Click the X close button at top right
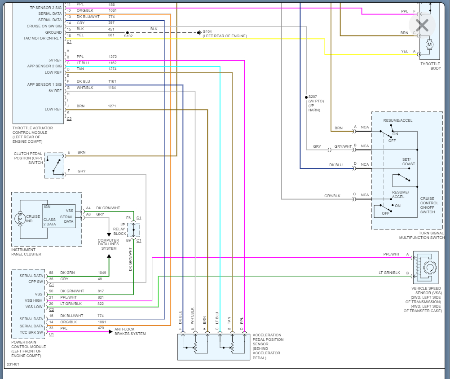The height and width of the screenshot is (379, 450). (422, 25)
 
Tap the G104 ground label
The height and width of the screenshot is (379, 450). (208, 31)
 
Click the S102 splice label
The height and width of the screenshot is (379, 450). (128, 36)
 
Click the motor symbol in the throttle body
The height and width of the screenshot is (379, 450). (429, 44)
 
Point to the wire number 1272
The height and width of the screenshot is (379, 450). (112, 57)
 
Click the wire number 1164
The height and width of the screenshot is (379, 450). (112, 88)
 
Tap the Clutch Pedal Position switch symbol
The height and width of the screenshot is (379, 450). (54, 165)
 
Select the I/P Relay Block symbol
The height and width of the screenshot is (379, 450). (133, 229)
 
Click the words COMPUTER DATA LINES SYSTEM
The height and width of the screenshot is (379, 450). (108, 244)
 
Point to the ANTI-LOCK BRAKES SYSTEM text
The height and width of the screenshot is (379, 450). (130, 331)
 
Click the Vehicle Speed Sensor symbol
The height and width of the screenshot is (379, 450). (427, 268)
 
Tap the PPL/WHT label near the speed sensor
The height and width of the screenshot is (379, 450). (391, 255)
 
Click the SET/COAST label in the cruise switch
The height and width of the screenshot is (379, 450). (408, 162)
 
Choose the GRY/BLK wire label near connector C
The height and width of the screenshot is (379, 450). (332, 196)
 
